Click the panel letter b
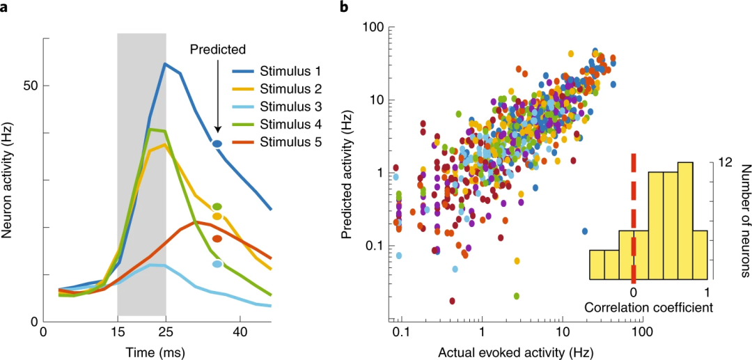tap(343, 8)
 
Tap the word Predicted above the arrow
tap(218, 49)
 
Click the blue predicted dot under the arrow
tap(217, 143)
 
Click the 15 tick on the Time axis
tap(117, 334)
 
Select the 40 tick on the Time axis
tap(240, 334)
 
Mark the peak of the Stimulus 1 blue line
tap(165, 64)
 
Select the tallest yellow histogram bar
tap(685, 220)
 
